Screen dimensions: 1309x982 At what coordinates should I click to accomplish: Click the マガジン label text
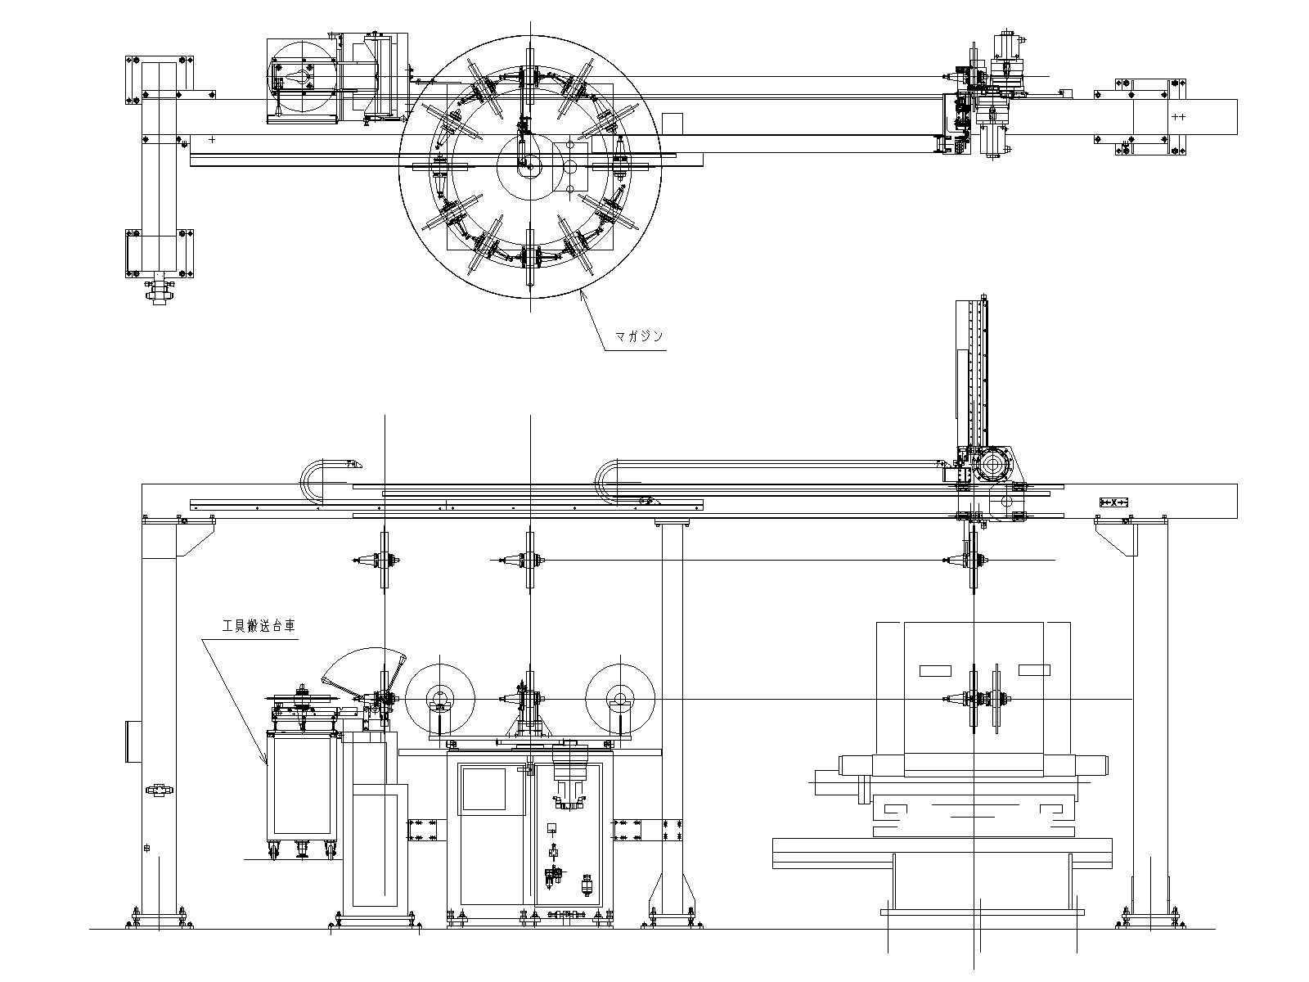(639, 336)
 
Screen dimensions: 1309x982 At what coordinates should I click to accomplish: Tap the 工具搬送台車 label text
(259, 626)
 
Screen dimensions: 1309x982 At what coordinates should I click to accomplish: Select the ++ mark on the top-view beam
(1178, 117)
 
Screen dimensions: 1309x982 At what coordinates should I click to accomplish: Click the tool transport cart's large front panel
(302, 786)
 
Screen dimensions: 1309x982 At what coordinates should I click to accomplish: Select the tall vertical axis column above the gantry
(971, 372)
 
